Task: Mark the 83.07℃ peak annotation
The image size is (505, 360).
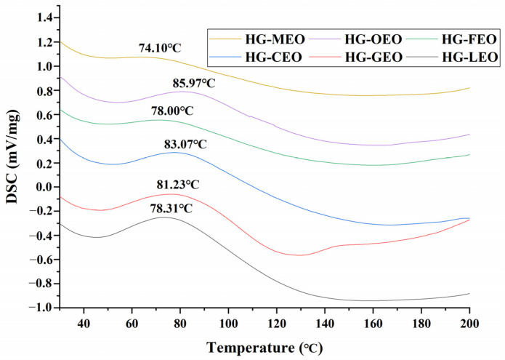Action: [185, 145]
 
